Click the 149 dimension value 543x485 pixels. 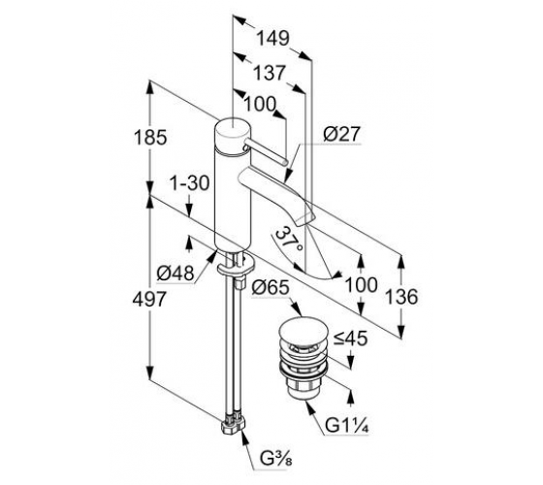tap(272, 38)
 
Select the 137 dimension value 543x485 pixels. tap(270, 73)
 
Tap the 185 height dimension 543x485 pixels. tap(150, 137)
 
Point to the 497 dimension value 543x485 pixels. tap(149, 299)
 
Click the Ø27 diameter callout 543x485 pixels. tap(341, 134)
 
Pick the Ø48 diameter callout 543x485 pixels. tap(176, 274)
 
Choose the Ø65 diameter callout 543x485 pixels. tap(271, 287)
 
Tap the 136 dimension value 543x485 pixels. tap(401, 297)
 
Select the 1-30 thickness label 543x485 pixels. tap(189, 183)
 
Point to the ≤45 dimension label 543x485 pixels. tap(350, 339)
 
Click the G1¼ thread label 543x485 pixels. tap(347, 426)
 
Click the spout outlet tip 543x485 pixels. tap(304, 217)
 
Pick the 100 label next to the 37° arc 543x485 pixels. tap(361, 285)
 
